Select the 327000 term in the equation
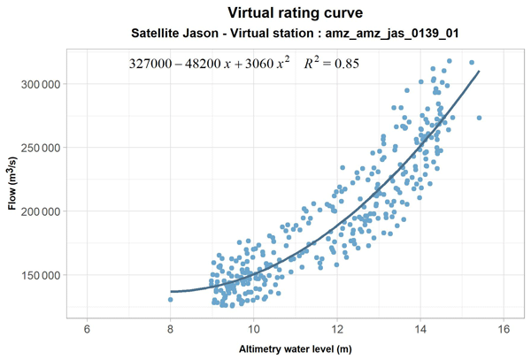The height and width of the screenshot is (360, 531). click(x=150, y=65)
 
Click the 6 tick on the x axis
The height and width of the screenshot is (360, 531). click(x=87, y=329)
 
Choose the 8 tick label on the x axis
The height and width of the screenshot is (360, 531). click(x=170, y=329)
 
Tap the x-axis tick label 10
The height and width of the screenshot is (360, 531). click(x=253, y=329)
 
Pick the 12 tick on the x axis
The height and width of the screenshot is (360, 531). click(x=337, y=329)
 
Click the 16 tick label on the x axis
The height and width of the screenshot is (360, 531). click(x=504, y=329)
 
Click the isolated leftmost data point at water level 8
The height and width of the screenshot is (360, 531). click(x=170, y=299)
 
